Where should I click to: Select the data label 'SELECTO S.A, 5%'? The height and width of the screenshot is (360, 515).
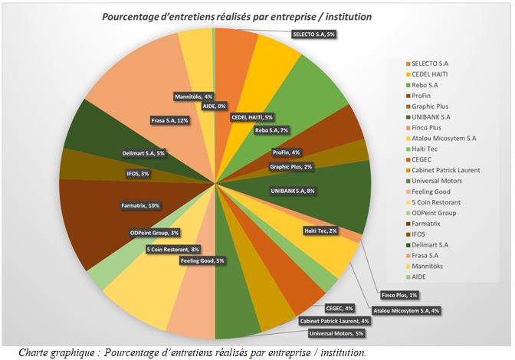coord(314,34)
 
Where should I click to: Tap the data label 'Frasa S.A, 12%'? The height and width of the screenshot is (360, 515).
coord(169,119)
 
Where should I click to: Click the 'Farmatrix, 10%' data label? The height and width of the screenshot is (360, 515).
coord(139,205)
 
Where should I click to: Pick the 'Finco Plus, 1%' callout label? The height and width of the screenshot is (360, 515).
coord(399,294)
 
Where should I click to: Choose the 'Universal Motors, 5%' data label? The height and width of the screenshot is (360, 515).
coord(335,333)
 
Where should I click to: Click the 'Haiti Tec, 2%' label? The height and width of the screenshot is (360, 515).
coord(321,231)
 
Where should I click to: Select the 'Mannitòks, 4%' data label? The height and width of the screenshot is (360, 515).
coord(193,97)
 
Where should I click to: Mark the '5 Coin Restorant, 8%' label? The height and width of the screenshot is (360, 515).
coord(173,249)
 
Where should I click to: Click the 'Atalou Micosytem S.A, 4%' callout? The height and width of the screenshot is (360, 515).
coord(407,310)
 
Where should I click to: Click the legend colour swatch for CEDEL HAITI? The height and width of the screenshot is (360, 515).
coord(407,74)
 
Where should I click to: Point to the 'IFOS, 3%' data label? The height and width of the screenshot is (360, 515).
coord(139,174)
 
